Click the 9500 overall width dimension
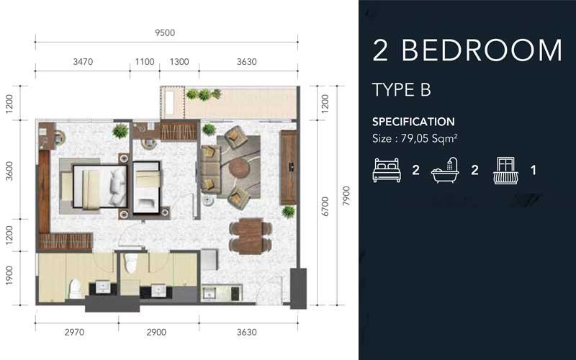[x=165, y=32]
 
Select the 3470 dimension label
[x=83, y=62]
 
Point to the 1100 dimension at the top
[x=145, y=62]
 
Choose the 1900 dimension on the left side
[x=9, y=278]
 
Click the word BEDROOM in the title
[x=481, y=50]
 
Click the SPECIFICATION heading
[x=413, y=122]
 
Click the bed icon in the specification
[x=387, y=171]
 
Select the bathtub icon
[x=446, y=171]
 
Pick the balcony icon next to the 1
[x=506, y=171]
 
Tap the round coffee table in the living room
[x=238, y=168]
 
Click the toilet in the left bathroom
[x=75, y=288]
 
